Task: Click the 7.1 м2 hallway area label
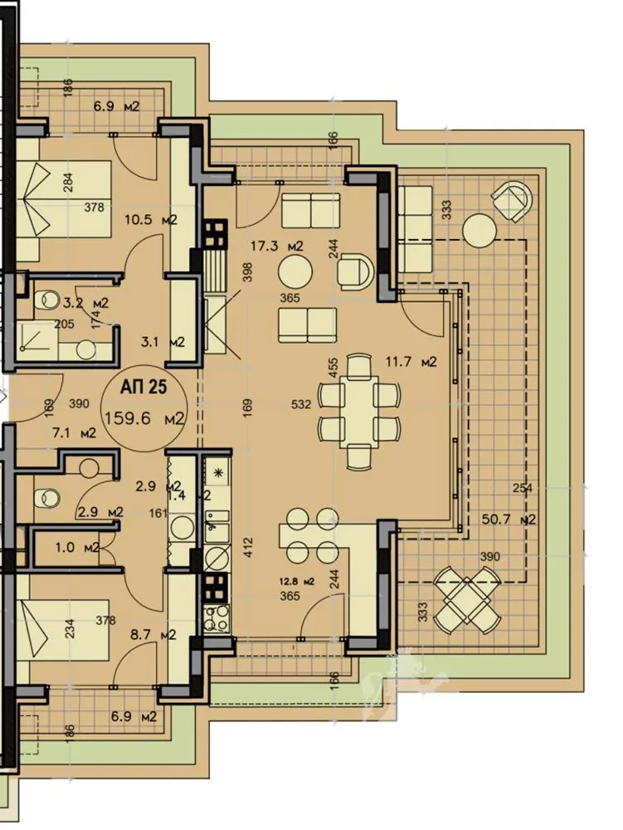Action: (74, 432)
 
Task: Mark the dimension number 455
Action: (333, 369)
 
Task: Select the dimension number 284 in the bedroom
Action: (67, 182)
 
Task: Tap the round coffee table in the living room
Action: (295, 271)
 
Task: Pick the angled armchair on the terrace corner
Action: (512, 200)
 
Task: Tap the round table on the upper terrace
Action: (479, 230)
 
